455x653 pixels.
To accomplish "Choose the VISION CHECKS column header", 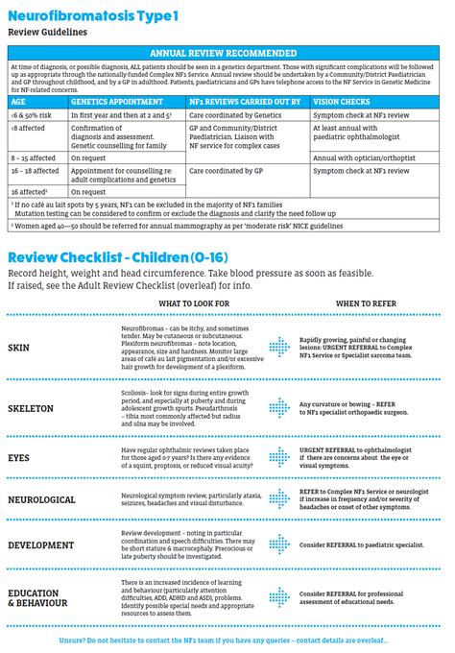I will coord(344,99).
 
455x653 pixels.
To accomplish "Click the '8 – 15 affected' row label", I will coord(34,156).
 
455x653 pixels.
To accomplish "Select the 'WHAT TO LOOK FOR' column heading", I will coord(194,303).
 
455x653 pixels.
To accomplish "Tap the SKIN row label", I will coord(19,347).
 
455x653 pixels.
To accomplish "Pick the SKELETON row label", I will coord(30,408).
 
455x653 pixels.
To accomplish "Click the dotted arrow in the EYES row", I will coord(279,458).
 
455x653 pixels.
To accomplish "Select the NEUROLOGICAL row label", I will coord(41,499).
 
